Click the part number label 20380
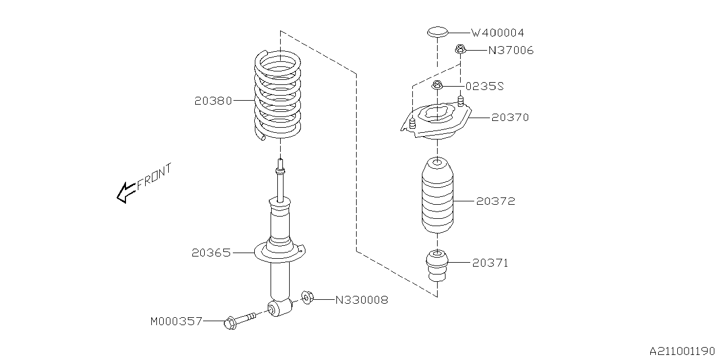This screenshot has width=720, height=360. click(x=213, y=101)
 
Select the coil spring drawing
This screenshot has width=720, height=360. click(x=277, y=96)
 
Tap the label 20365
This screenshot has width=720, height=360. click(x=211, y=253)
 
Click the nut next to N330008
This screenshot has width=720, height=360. click(x=307, y=297)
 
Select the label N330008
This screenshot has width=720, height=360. click(x=362, y=300)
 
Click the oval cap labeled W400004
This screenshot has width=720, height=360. click(x=437, y=31)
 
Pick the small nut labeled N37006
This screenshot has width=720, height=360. click(x=460, y=50)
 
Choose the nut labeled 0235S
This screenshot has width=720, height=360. click(x=438, y=86)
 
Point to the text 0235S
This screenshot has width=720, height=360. click(x=484, y=86)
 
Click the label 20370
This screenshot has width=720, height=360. click(x=510, y=118)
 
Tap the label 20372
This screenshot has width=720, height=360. click(x=495, y=201)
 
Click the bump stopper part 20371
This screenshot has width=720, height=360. click(x=436, y=265)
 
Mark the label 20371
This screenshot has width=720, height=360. click(x=490, y=263)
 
